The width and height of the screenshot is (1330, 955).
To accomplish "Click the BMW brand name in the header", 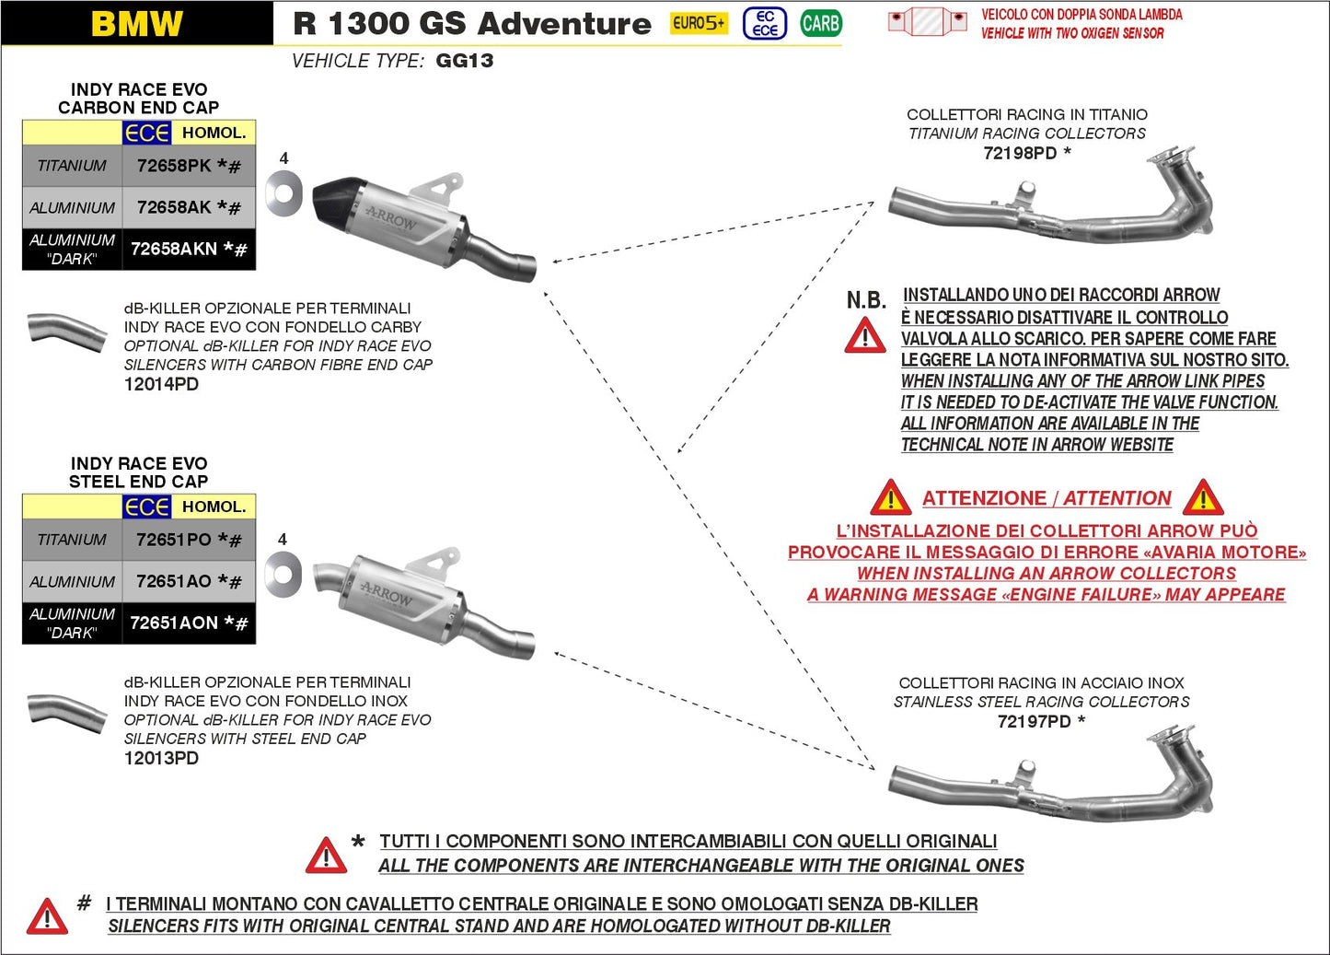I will pos(137,24).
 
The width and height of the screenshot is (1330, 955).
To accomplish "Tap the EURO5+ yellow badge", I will pos(699,23).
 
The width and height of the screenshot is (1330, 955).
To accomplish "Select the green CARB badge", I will pos(820,23).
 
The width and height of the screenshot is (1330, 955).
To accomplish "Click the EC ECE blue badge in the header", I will pos(765,23).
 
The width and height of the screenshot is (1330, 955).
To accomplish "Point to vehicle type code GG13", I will pos(464,61).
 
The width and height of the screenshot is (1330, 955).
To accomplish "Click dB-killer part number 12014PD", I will pos(161,384).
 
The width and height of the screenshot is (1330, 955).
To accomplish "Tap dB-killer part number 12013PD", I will pos(161,758).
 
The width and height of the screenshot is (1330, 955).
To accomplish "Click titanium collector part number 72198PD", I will pos(1020,153).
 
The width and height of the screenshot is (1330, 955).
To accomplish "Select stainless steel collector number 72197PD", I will pos(1034,721).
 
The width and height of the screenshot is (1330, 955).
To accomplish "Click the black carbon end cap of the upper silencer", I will pos(340,204).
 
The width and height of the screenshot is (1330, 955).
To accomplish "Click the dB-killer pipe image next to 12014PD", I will pos(66,331).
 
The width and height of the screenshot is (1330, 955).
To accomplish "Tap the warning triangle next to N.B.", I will pos(864,336).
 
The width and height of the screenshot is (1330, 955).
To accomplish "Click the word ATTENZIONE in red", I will pos(984,498).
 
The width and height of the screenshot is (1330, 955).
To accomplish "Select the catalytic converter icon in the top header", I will pos(927,21).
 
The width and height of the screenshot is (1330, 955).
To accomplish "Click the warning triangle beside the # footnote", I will pos(46,917).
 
